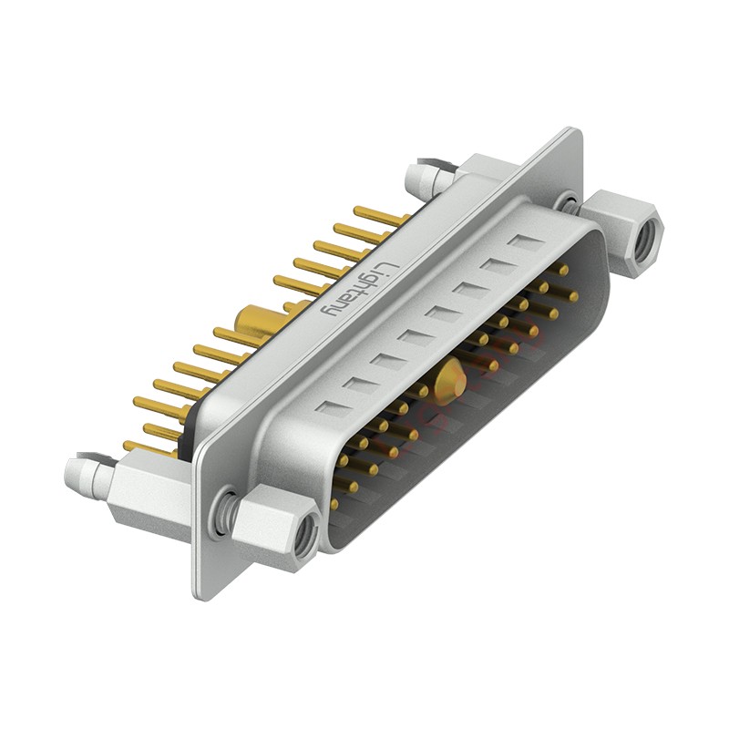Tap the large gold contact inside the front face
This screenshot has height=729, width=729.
pyautogui.click(x=447, y=382)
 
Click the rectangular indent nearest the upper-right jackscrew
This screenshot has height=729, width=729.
pyautogui.click(x=524, y=243)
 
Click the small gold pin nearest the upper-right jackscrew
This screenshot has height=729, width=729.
pyautogui.click(x=564, y=270)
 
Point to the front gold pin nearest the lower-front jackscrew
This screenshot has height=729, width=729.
pyautogui.click(x=334, y=503)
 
